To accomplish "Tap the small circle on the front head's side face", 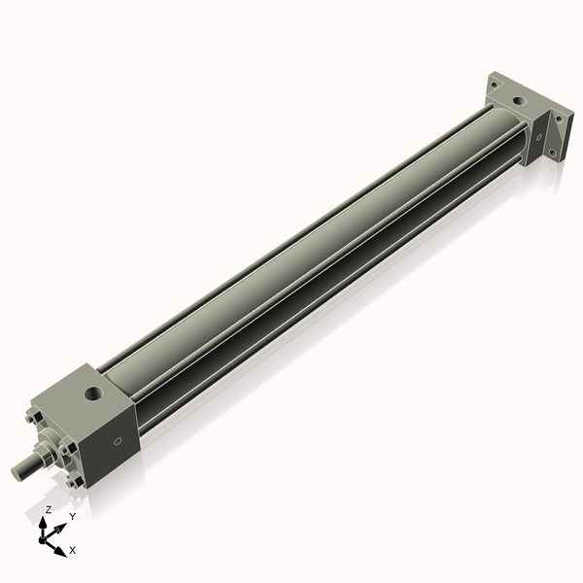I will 119,442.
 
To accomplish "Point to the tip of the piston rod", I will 17,471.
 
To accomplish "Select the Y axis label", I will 72,517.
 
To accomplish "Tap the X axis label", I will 73,550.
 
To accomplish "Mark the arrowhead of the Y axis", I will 60,526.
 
